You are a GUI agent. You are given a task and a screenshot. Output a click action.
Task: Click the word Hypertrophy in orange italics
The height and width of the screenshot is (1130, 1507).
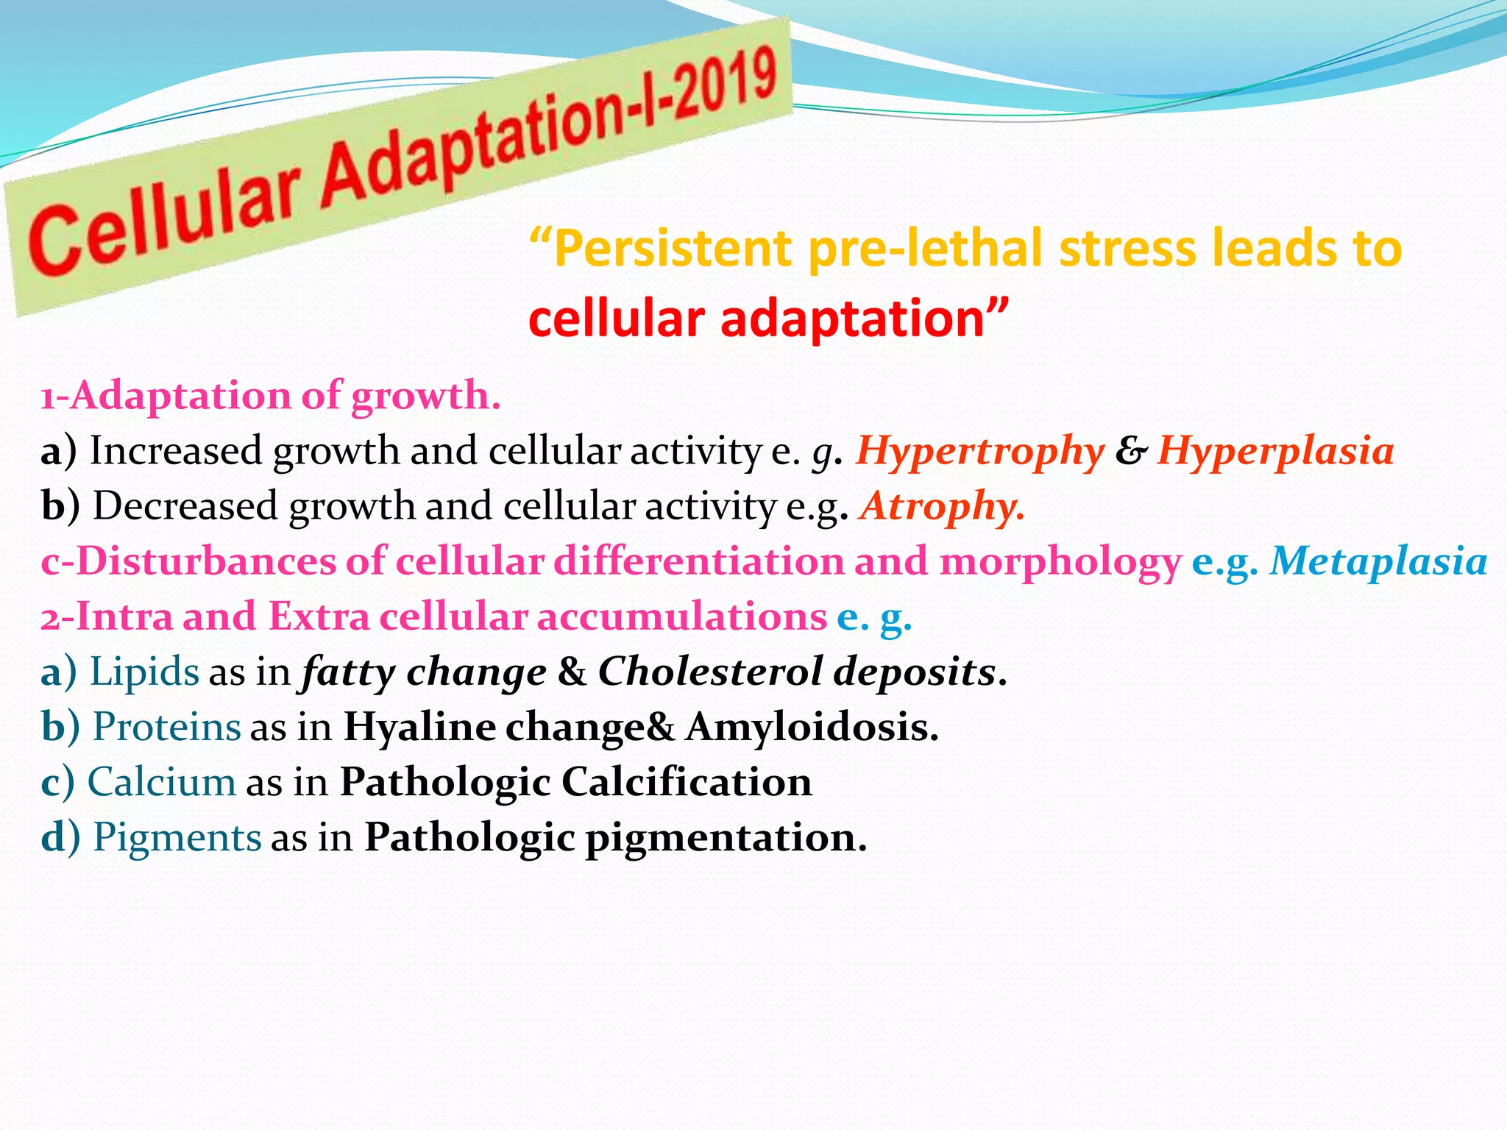979,451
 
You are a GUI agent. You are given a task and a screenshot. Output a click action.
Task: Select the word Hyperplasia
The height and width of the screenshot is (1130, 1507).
1275,451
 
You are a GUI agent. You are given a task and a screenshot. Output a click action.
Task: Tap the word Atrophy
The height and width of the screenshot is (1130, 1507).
942,506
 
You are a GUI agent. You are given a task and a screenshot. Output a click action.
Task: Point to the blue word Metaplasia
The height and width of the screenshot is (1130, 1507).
1378,561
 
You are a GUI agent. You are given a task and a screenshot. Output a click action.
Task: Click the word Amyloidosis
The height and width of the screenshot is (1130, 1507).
812,727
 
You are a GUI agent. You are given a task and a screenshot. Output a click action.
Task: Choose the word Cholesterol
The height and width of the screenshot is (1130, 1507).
710,671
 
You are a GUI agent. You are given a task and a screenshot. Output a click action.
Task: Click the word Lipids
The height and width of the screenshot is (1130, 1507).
144,672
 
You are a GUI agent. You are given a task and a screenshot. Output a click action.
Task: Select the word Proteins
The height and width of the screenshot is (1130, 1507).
167,727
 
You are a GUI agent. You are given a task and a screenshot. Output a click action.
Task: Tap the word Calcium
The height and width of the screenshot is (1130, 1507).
162,782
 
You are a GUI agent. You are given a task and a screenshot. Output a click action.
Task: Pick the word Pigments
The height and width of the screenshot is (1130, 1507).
177,837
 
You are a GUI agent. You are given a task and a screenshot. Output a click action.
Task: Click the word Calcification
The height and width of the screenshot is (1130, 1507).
687,782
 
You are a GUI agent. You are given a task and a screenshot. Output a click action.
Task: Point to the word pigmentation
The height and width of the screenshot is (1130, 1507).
726,837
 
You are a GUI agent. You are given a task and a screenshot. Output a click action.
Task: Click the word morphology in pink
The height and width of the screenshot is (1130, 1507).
1060,561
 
